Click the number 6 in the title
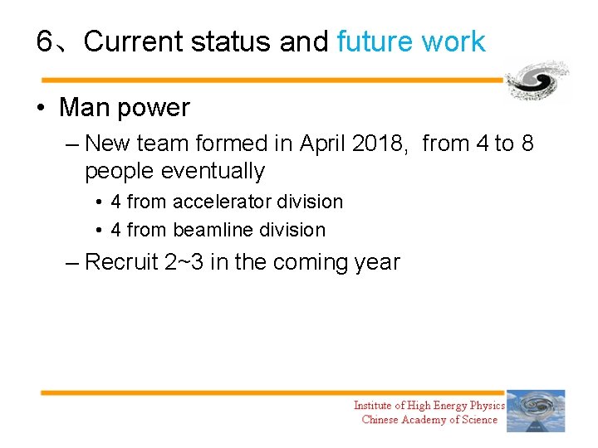pyautogui.click(x=45, y=41)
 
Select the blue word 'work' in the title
pyautogui.click(x=453, y=41)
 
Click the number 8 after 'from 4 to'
pyautogui.click(x=527, y=144)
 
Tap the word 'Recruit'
pyautogui.click(x=122, y=262)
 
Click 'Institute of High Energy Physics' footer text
pyautogui.click(x=429, y=405)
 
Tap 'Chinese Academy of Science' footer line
pyautogui.click(x=429, y=420)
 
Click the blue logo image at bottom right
pyautogui.click(x=536, y=411)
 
